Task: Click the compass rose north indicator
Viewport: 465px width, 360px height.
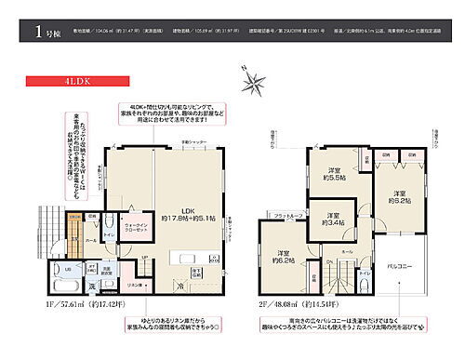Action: [x=254, y=82]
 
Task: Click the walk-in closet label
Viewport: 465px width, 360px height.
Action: [x=136, y=226]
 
